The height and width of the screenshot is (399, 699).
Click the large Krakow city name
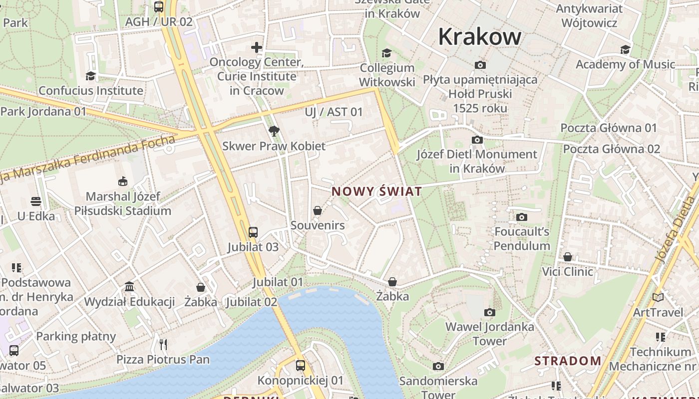point(480,37)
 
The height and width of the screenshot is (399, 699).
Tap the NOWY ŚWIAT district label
point(376,192)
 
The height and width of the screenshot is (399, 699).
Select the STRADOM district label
point(568,361)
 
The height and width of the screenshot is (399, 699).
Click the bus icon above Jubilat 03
point(253,232)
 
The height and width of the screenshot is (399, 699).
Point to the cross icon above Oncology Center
point(257,47)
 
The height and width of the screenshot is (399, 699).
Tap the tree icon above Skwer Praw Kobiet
point(274,131)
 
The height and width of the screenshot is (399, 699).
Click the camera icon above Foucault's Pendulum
point(522,217)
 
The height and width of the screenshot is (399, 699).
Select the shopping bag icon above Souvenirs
point(317,211)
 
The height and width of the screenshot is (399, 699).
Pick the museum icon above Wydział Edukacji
point(129,287)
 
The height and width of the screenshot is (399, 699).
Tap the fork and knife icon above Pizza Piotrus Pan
point(163,344)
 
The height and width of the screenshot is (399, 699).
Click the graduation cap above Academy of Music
point(625,49)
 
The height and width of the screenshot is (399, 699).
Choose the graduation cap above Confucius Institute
point(90,76)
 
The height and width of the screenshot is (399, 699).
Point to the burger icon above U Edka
point(36,201)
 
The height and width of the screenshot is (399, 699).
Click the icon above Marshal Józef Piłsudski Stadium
point(122,181)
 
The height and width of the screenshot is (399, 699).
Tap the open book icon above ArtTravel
point(659,297)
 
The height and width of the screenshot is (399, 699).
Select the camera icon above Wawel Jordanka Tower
point(490,312)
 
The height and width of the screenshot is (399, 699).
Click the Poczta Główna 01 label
point(609,128)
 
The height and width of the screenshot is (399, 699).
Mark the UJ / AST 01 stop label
point(334,112)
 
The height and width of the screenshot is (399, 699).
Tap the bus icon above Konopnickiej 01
point(300,365)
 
